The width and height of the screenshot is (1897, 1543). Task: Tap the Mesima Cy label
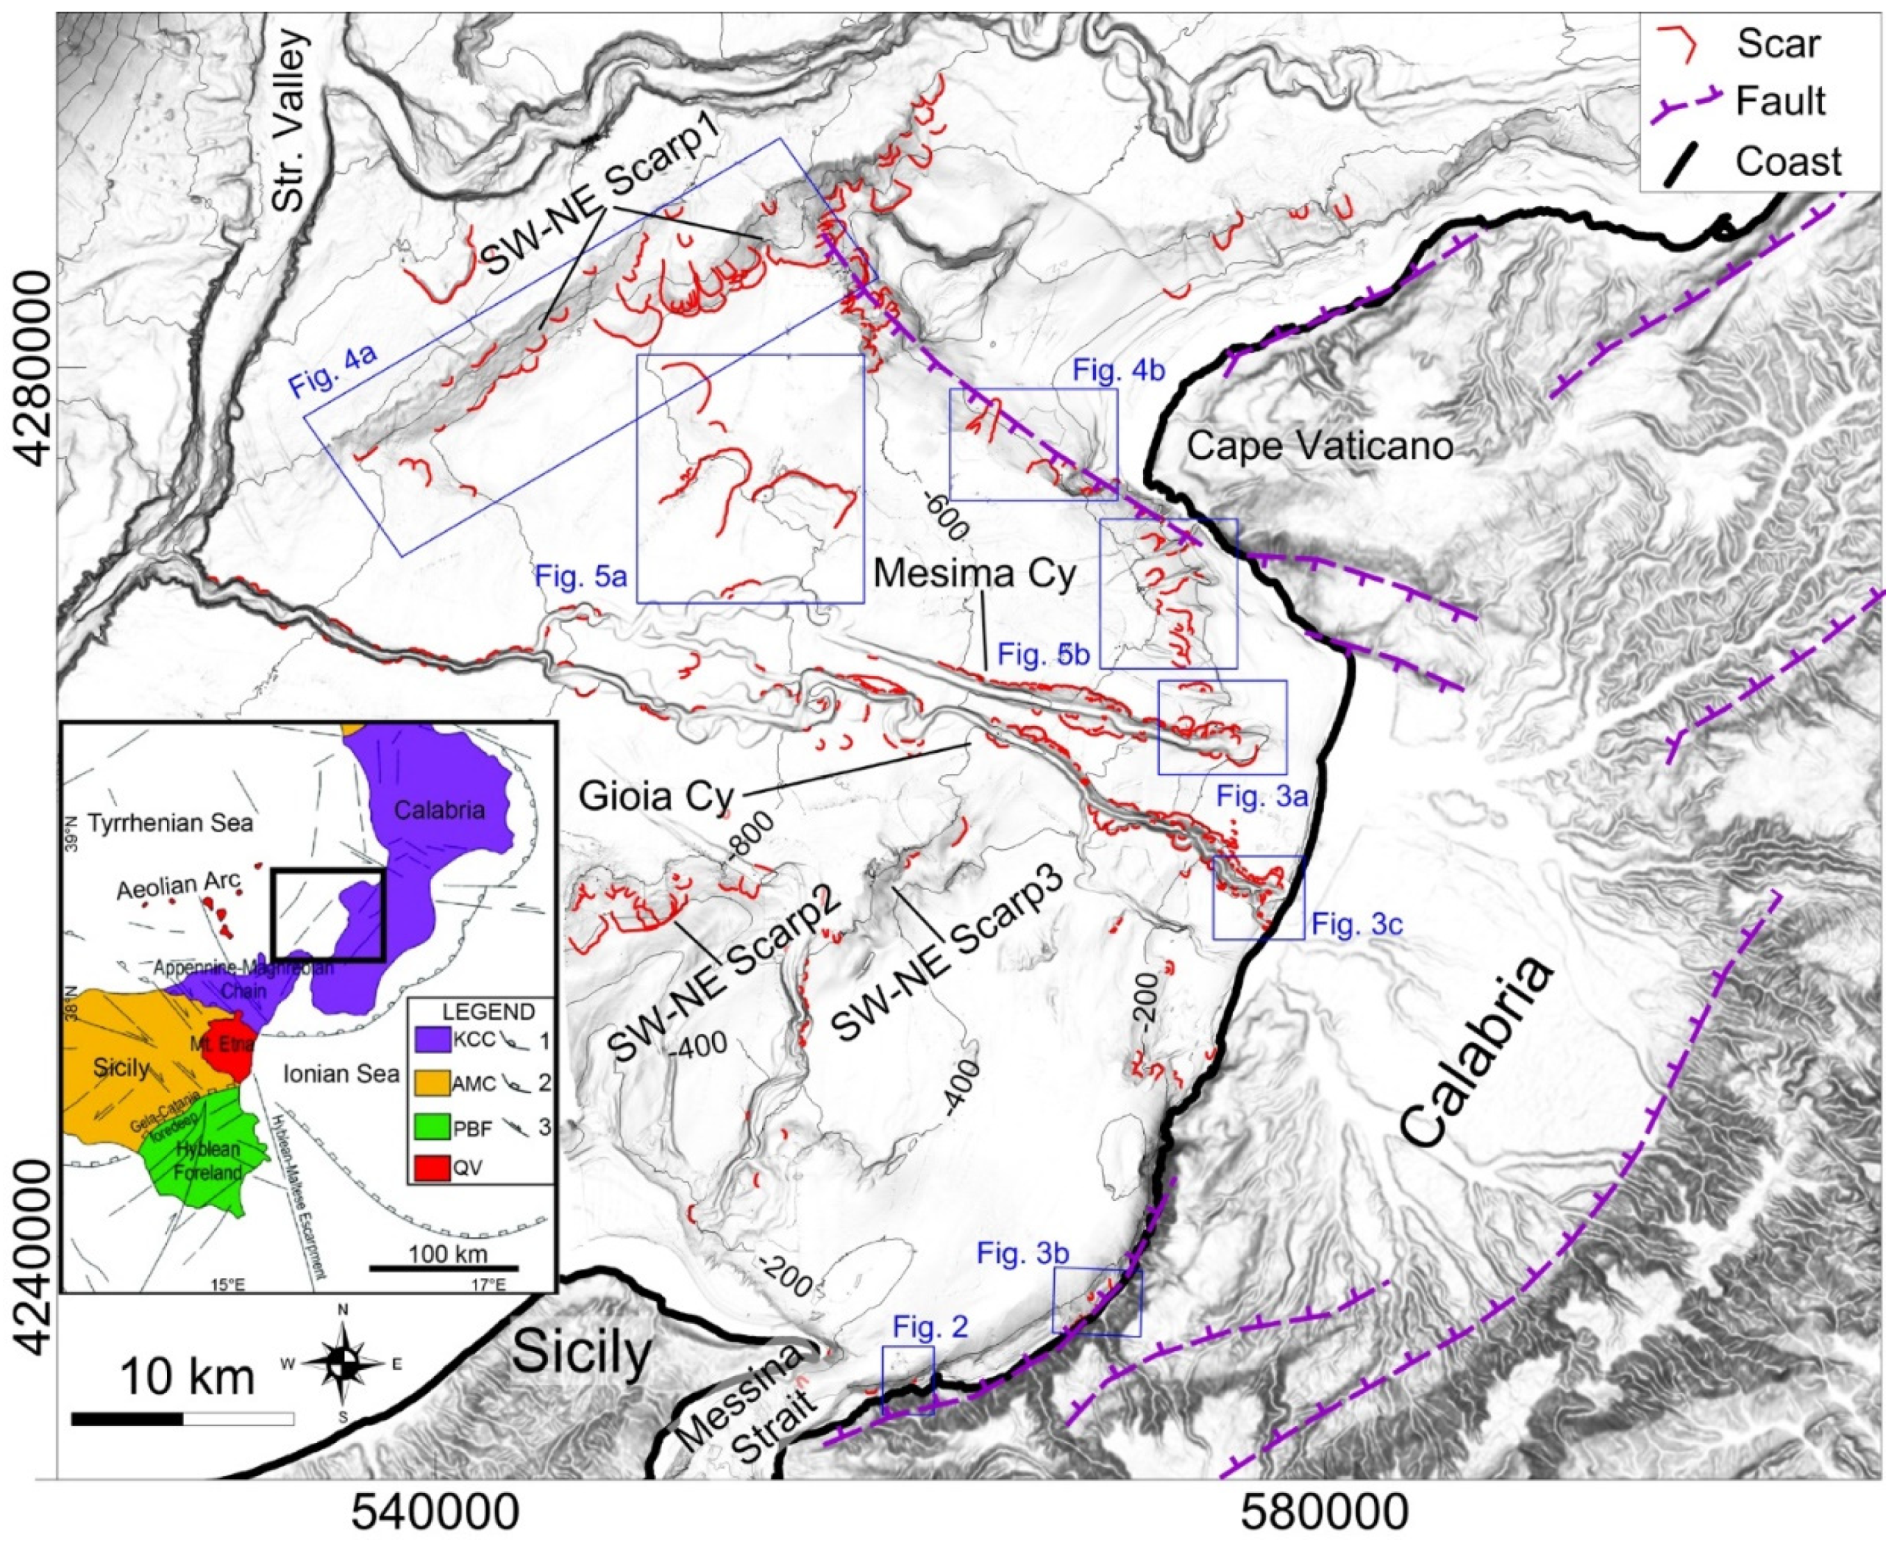pyautogui.click(x=975, y=573)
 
